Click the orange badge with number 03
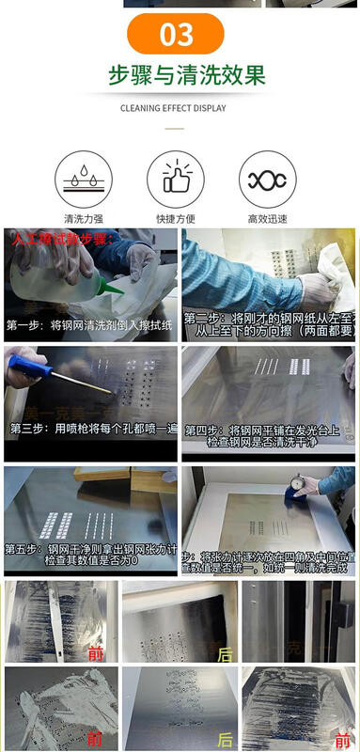[x=176, y=35]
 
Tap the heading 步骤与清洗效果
[x=186, y=75]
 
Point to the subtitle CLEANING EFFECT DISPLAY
[x=173, y=108]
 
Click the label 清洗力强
[x=83, y=219]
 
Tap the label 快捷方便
[x=175, y=219]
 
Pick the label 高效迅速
[x=267, y=219]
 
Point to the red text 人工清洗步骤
[x=61, y=240]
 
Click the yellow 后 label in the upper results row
[x=225, y=654]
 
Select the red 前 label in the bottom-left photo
[x=94, y=737]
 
